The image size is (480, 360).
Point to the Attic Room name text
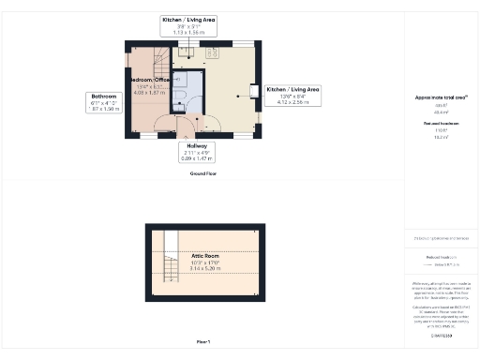[x=205, y=255]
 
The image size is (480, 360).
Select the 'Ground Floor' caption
[x=202, y=173]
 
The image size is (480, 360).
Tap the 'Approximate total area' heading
[x=441, y=97]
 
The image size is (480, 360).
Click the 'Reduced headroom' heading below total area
[x=441, y=124]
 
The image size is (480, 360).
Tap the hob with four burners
[x=213, y=52]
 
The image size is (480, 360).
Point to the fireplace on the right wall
[x=252, y=90]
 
